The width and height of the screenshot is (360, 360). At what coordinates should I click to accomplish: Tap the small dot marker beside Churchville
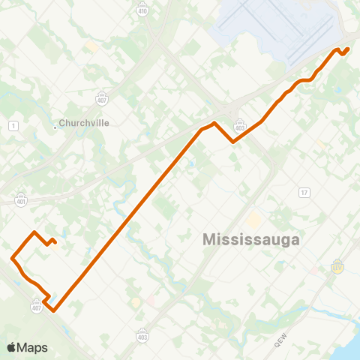point(55,126)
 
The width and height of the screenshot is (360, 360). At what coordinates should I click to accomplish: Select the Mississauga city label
point(251,240)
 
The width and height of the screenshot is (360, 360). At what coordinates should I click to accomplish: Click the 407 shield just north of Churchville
point(101,99)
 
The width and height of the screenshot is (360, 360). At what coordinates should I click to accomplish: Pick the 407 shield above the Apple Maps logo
point(37,307)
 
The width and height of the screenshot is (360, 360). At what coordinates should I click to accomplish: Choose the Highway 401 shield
point(20,200)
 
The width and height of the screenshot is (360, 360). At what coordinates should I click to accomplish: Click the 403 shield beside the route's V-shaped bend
point(240,124)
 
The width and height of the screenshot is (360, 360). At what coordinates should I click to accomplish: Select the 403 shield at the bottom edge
point(142,335)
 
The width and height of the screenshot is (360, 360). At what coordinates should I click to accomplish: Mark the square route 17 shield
point(304,193)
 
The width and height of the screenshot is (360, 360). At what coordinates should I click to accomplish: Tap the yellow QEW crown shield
point(337,267)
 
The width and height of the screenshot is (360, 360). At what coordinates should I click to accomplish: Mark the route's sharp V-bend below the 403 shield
point(235,141)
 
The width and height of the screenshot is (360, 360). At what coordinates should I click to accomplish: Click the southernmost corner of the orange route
point(53,309)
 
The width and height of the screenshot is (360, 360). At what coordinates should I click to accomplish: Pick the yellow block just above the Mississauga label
point(253,220)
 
